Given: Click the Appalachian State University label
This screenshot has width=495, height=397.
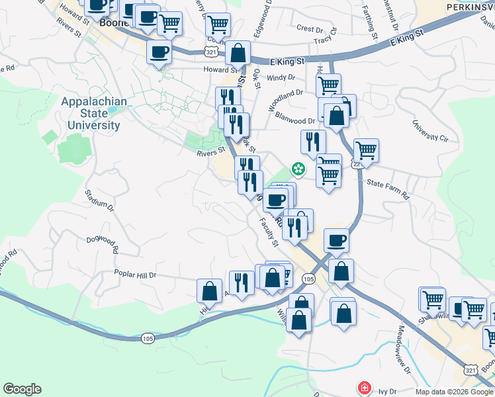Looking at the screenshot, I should coord(94,113).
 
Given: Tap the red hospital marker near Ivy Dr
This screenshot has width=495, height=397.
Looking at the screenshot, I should coord(363,387).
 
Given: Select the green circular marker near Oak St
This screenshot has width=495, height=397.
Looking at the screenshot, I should coord(298,169).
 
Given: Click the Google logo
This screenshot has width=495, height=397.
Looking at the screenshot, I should coord(22,389).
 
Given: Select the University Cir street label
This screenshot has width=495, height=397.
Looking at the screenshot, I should coord(430,130).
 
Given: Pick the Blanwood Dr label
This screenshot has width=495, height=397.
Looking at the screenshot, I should coord(295,121).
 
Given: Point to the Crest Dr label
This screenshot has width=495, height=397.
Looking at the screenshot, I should coord(309,28).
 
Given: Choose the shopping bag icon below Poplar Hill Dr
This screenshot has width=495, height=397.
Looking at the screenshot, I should coord(209,290).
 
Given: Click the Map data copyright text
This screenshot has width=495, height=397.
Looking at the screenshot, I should coord(454,391).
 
